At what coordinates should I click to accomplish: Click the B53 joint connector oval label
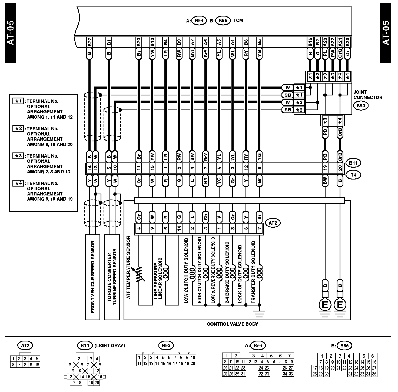coord(361,105)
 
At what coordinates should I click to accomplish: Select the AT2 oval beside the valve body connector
coord(273,223)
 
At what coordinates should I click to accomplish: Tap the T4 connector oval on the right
coord(353,175)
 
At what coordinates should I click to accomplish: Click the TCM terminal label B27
coord(90,42)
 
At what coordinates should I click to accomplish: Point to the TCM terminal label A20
coord(348,42)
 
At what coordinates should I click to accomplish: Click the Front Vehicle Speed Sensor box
coord(92,277)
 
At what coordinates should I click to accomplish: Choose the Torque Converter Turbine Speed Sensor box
coord(112,277)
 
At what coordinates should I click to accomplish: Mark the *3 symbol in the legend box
coord(18,156)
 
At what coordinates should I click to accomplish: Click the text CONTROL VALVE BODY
coord(232,324)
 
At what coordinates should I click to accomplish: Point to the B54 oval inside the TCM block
coord(199,21)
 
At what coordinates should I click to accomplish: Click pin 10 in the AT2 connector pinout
coord(37,365)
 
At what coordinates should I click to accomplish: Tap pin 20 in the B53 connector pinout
coord(193,363)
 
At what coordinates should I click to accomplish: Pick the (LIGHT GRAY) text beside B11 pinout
coord(110,345)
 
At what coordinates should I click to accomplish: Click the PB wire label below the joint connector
coord(325,132)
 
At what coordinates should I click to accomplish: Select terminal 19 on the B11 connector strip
coord(325,168)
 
